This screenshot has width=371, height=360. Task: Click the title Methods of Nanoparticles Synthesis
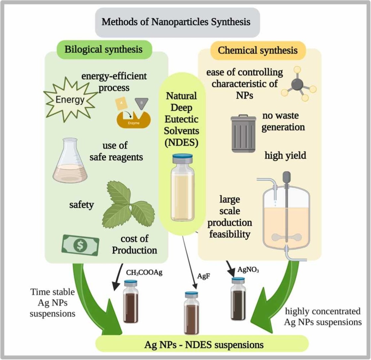[x=176, y=23]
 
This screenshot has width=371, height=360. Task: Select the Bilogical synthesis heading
[x=103, y=49]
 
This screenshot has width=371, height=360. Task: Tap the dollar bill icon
[x=81, y=246]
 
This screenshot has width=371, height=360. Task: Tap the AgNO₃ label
[x=248, y=270]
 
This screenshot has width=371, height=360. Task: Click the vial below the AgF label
[x=192, y=313]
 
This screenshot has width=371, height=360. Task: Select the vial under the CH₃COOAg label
[x=130, y=302]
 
